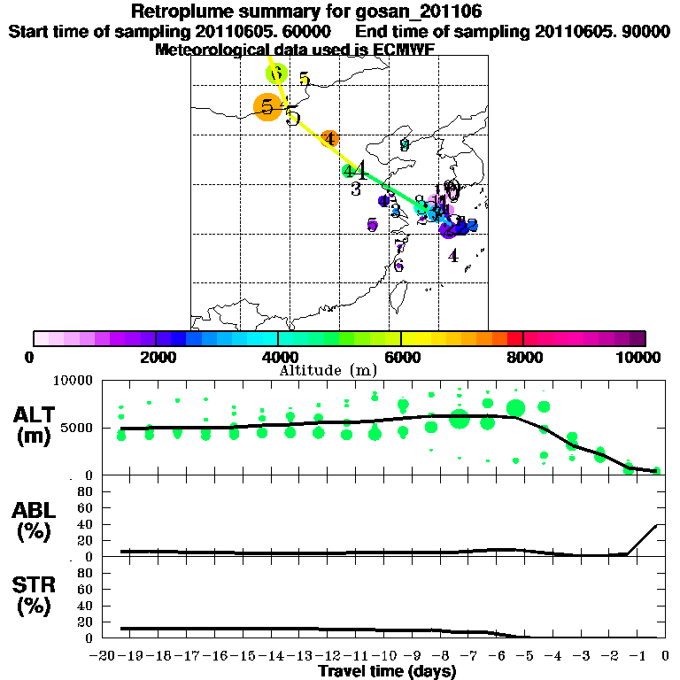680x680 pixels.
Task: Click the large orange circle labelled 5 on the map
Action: click(267, 107)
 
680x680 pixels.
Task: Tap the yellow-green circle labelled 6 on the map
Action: click(276, 73)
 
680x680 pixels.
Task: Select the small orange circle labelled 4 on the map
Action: click(329, 138)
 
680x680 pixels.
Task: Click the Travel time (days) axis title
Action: click(387, 672)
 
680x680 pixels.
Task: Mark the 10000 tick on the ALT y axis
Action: click(73, 380)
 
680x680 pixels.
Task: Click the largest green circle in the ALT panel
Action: click(460, 419)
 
